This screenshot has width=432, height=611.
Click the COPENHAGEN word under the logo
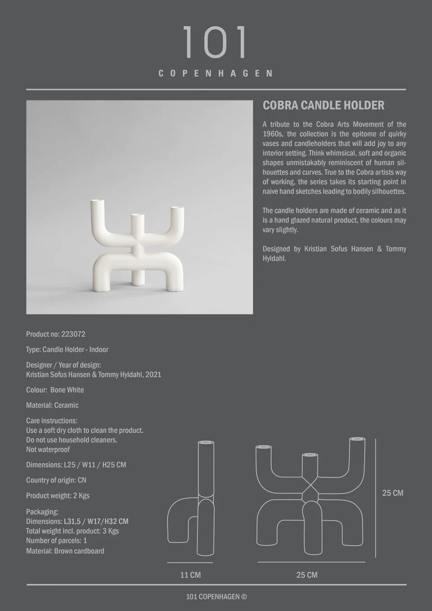pos(216,73)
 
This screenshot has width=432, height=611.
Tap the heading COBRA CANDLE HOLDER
pos(323,105)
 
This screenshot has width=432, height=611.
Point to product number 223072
pos(73,334)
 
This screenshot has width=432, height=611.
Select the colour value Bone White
pos(67,390)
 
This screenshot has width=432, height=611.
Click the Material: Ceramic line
pos(52,405)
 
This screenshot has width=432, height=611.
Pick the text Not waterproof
pos(48,449)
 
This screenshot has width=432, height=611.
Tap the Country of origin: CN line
pos(56,480)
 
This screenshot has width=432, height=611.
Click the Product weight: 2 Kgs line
pos(58,496)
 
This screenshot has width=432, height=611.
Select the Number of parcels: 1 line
pos(56,541)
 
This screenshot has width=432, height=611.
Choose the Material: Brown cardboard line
pos(65,551)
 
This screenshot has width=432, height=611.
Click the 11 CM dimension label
pos(190,575)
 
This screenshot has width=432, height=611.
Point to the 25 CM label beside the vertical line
pos(392,493)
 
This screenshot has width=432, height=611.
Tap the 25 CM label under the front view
pos(306,575)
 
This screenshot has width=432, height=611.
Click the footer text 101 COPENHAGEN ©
pos(216,597)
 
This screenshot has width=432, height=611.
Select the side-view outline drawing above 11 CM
pos(191,499)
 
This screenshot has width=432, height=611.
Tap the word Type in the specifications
pos(32,350)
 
